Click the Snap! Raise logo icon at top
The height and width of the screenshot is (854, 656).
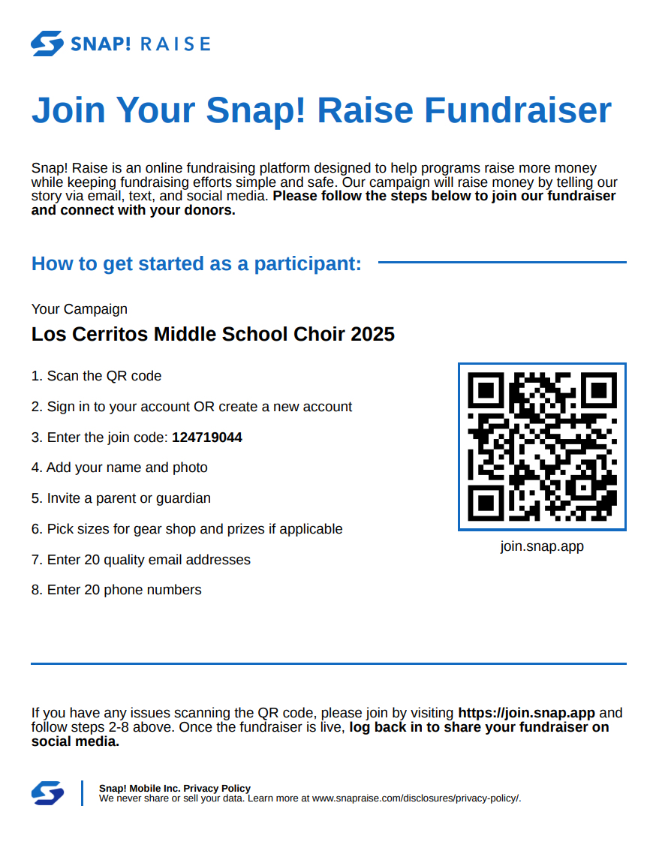[47, 44]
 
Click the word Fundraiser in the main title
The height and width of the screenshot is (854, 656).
[518, 110]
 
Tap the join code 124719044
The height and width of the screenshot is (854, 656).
[207, 438]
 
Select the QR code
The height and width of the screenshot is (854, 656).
[542, 447]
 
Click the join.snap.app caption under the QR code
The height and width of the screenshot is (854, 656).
[542, 546]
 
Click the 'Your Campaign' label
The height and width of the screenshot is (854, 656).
[80, 309]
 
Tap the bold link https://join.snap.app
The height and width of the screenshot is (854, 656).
[526, 713]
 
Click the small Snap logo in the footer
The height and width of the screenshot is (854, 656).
[47, 793]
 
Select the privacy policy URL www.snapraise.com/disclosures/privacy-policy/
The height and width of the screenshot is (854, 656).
[416, 798]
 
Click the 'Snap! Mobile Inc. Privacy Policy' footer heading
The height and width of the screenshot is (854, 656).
[175, 789]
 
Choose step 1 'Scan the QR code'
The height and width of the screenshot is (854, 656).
[97, 376]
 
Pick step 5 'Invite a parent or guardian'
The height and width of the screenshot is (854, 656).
[121, 498]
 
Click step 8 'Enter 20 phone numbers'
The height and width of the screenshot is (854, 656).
[116, 590]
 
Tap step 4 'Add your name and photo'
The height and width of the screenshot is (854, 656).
[119, 468]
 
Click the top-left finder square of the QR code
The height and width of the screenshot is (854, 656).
[486, 390]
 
